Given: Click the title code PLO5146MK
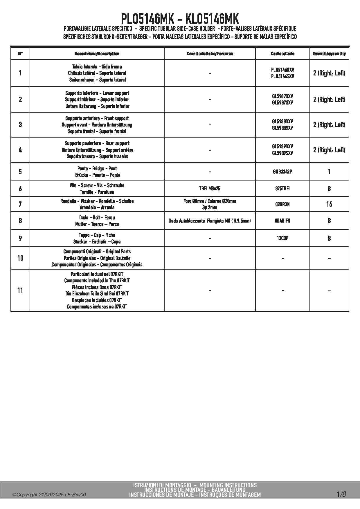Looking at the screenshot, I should tap(147, 19).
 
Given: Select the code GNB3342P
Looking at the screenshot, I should tap(282, 172).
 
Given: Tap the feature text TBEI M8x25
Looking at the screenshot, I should tap(210, 189).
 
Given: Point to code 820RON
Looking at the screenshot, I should tap(282, 204).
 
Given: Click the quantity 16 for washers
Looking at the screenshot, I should tap(329, 204).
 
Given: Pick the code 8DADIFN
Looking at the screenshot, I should tap(282, 221).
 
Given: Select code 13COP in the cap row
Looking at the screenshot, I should tap(282, 238).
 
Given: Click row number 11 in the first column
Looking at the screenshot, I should tap(20, 290).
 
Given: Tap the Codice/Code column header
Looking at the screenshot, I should tap(282, 54).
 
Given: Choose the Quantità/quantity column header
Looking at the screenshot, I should tap(329, 54).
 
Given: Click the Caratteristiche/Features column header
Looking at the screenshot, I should tap(210, 54).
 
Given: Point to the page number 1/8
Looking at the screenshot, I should tap(341, 494).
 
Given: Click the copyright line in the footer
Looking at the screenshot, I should tap(49, 495).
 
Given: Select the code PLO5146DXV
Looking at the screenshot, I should tap(282, 70).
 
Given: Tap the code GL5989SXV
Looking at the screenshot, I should tap(282, 153).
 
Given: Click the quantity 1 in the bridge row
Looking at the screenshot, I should tap(329, 172).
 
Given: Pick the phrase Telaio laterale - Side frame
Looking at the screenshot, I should tap(97, 67).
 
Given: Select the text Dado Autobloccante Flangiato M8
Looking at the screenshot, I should tap(203, 221).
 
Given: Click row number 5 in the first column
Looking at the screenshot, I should tap(20, 172).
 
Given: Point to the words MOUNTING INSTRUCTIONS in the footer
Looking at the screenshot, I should tap(228, 485).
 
